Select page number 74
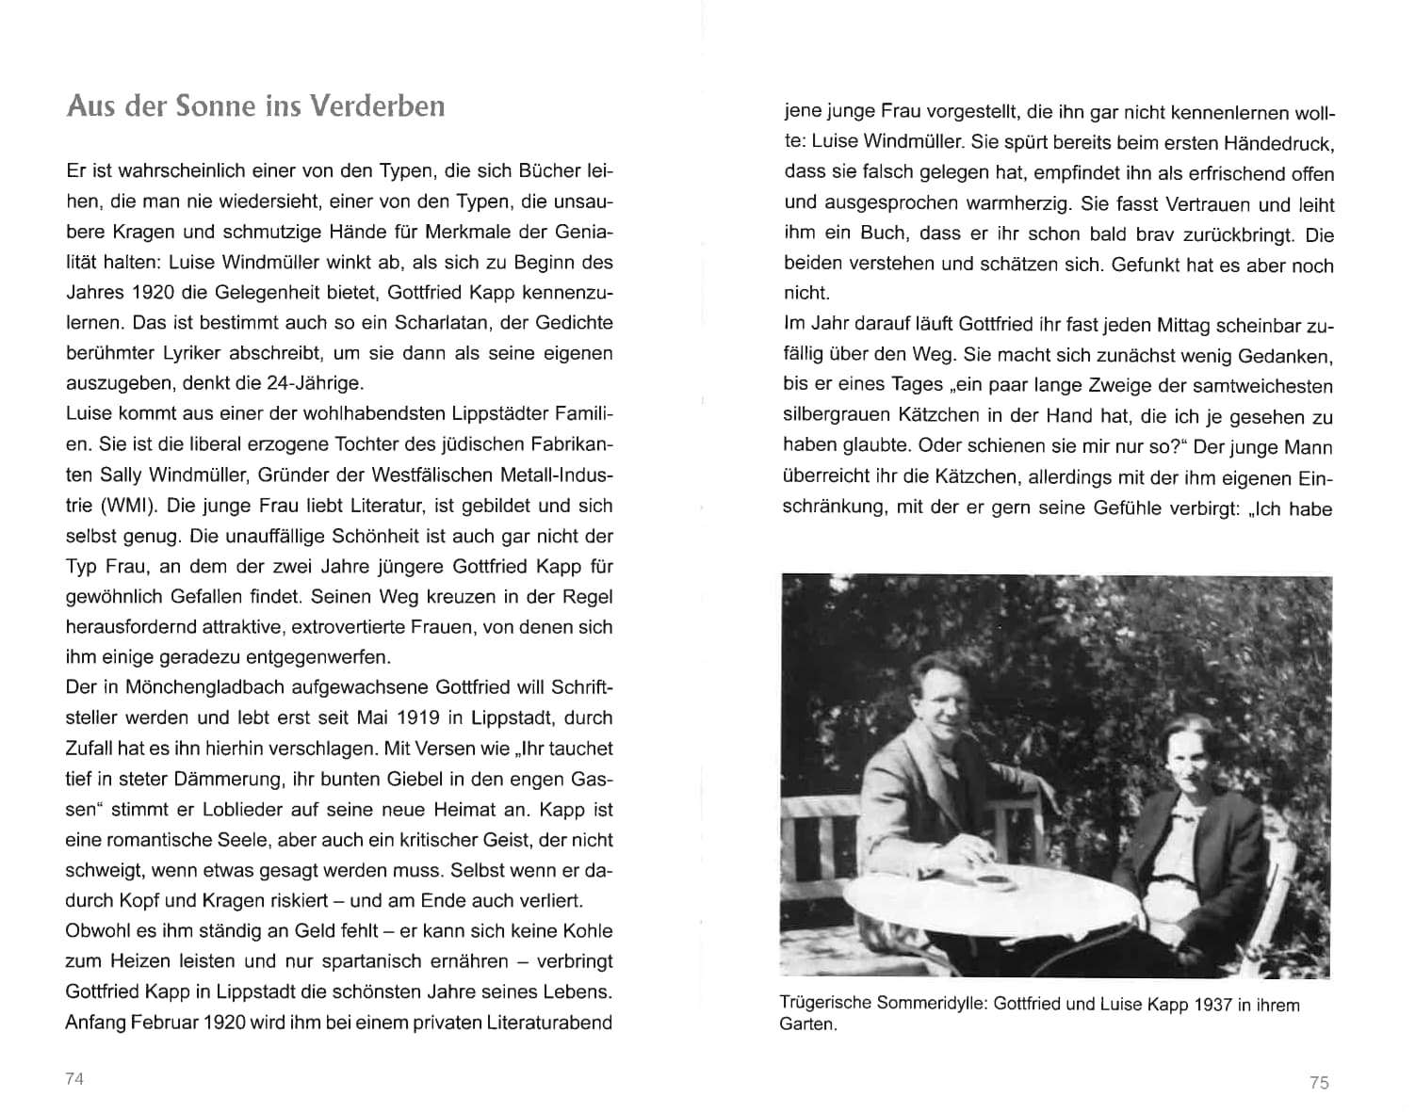[74, 1079]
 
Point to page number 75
[1319, 1083]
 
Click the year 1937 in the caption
[1212, 1005]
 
